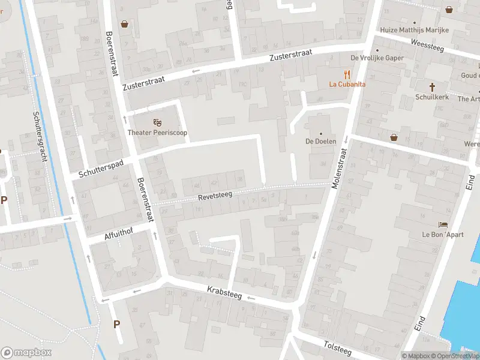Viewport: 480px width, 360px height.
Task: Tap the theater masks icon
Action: pyautogui.click(x=157, y=122)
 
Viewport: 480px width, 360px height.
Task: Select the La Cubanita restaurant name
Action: pyautogui.click(x=347, y=85)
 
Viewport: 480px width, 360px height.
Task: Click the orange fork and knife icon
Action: pyautogui.click(x=347, y=74)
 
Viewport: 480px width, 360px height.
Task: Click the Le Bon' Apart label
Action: pyautogui.click(x=443, y=234)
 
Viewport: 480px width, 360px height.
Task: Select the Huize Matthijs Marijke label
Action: pyautogui.click(x=415, y=30)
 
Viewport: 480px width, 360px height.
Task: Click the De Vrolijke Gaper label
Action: pyautogui.click(x=377, y=58)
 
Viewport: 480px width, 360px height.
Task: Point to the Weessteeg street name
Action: pyautogui.click(x=427, y=45)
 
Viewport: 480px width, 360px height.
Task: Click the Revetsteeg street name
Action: pyautogui.click(x=216, y=196)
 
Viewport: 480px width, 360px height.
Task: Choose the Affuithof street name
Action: pyautogui.click(x=119, y=232)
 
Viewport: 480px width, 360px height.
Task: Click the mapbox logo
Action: pyautogui.click(x=26, y=353)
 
